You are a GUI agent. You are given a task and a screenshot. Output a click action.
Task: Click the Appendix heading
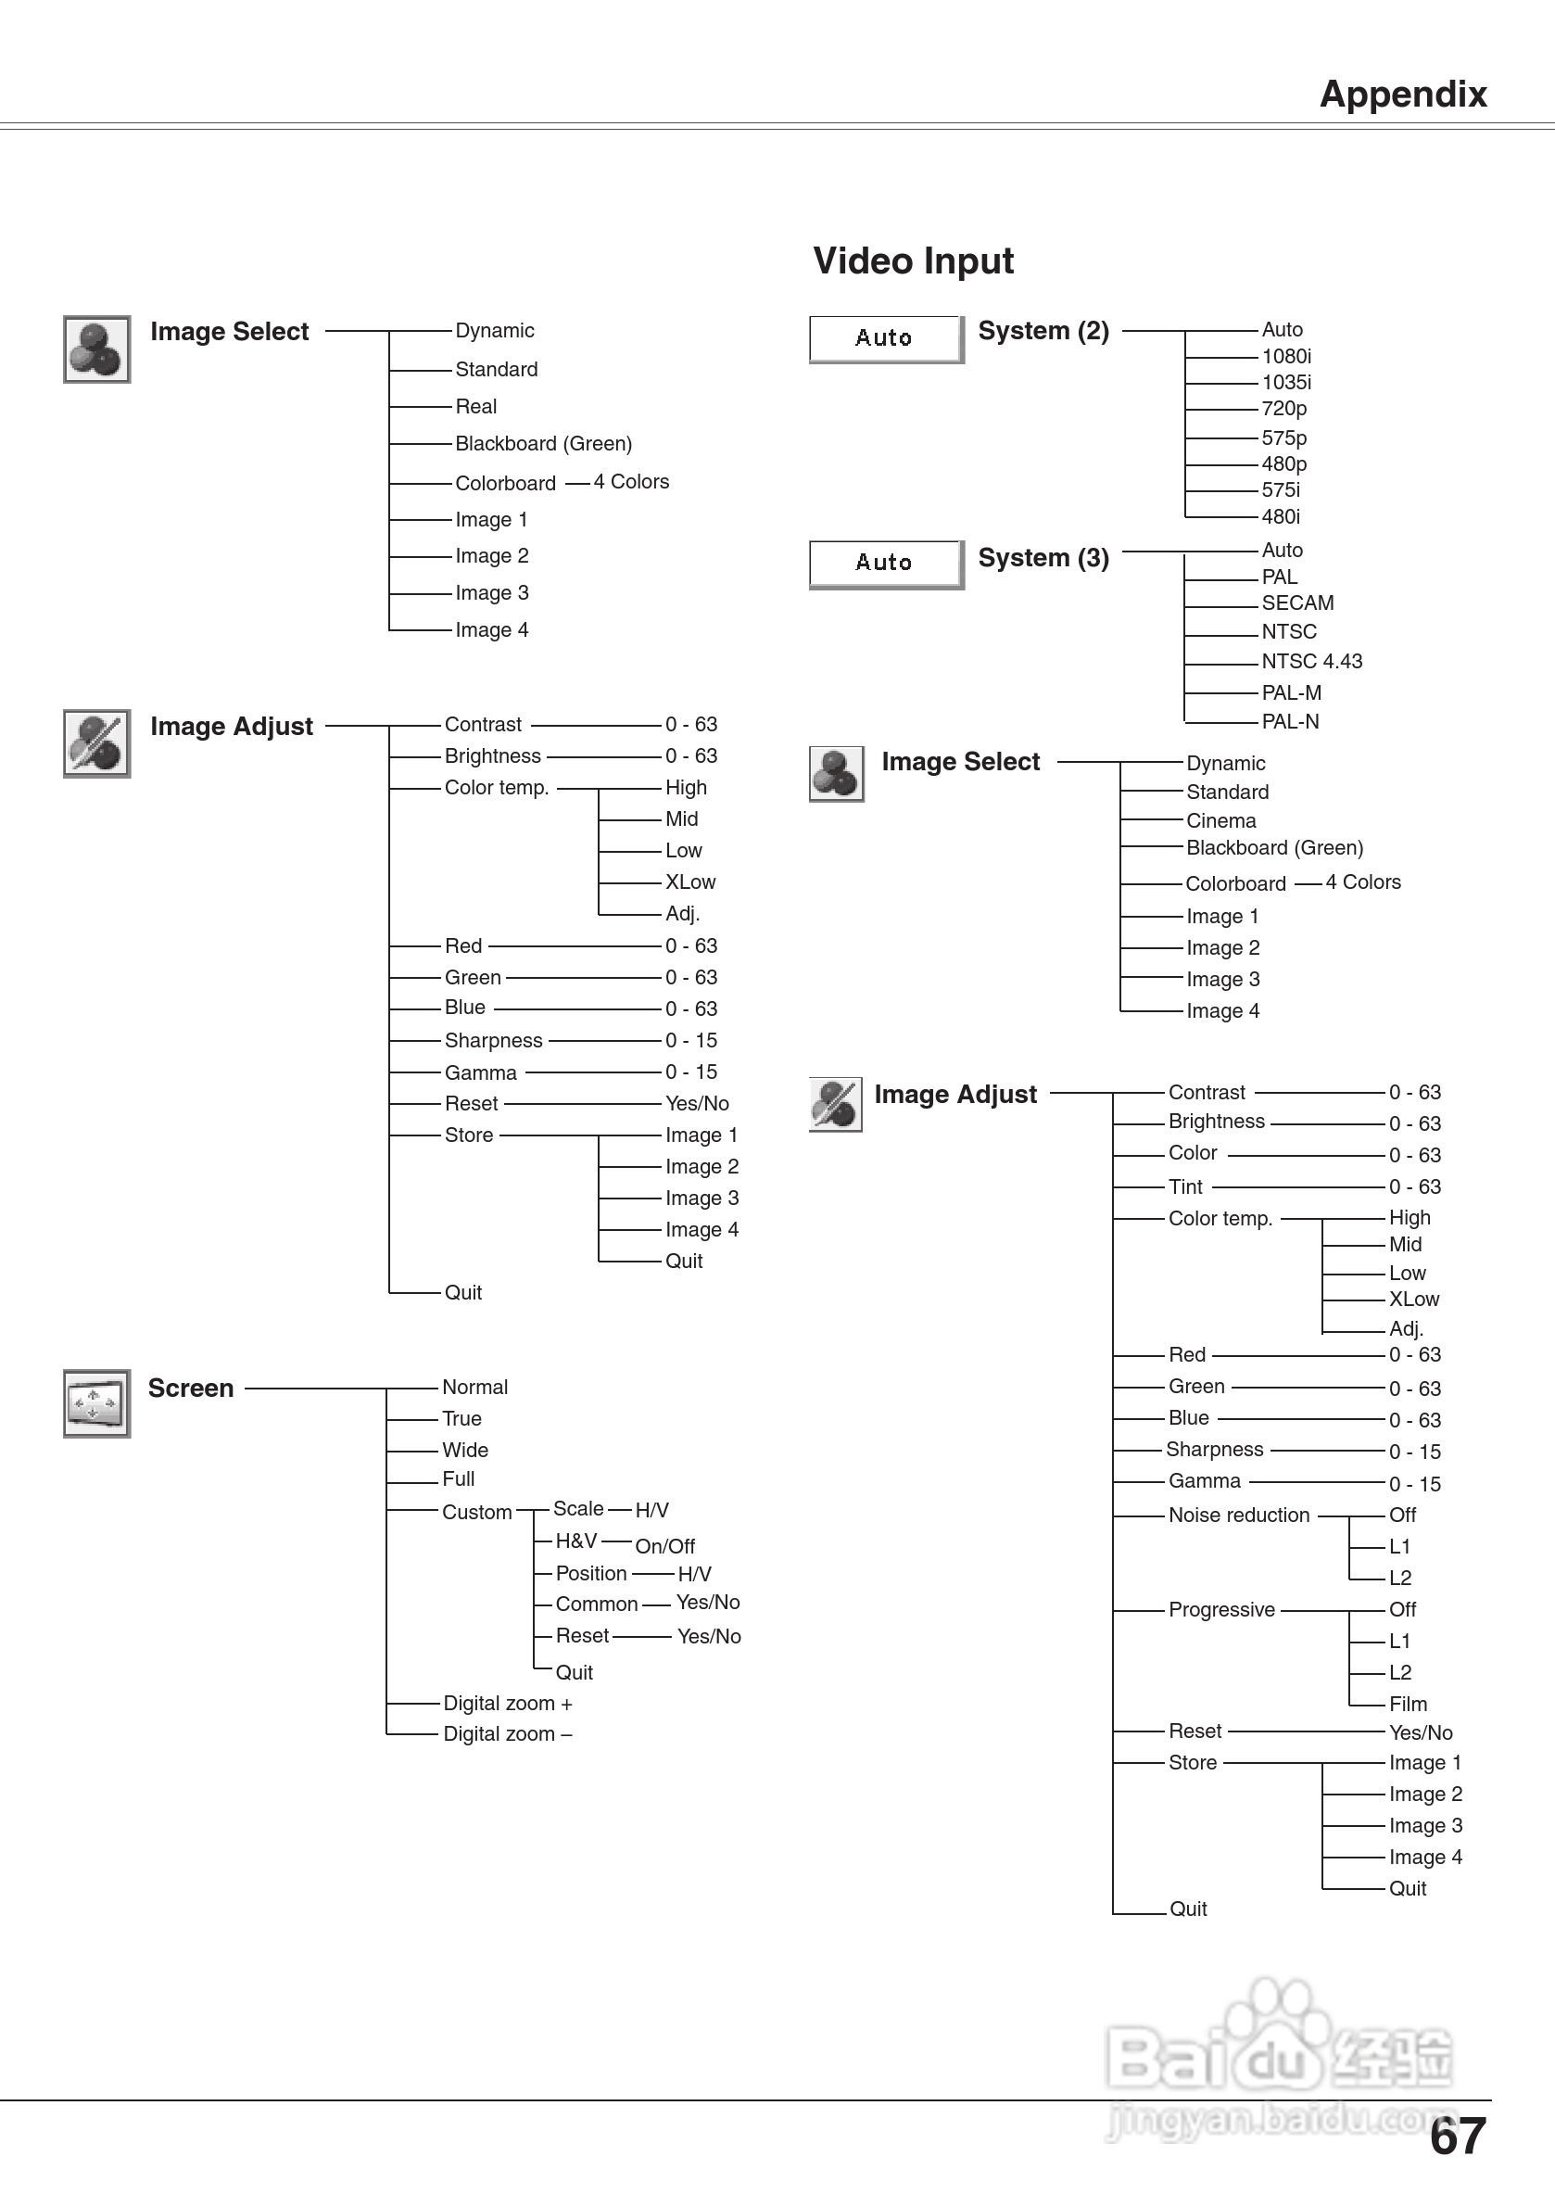click(x=1402, y=95)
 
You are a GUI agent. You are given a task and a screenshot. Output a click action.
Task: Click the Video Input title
click(x=913, y=260)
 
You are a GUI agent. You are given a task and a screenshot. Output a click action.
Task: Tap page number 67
click(x=1457, y=2137)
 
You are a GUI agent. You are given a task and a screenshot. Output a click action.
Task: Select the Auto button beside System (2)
click(x=885, y=338)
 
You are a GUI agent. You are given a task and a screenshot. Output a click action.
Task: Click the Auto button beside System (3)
click(x=885, y=564)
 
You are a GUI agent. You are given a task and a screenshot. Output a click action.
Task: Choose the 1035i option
click(x=1286, y=383)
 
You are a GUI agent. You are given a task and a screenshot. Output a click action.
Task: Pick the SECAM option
click(x=1297, y=603)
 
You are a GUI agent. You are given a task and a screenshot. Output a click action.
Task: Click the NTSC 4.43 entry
click(x=1311, y=661)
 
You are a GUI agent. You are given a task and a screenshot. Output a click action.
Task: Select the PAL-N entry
click(x=1290, y=722)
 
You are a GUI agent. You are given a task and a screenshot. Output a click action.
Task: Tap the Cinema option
click(x=1220, y=821)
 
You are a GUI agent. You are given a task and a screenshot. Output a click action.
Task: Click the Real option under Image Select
click(x=475, y=407)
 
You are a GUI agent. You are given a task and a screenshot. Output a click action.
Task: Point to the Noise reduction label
click(x=1239, y=1516)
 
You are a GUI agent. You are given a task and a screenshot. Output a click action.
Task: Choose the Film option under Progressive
click(x=1408, y=1705)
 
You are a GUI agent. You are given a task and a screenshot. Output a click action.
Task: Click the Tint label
click(x=1185, y=1187)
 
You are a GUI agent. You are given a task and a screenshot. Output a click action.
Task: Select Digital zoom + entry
click(x=508, y=1704)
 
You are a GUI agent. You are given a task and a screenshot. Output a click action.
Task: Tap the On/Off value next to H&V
click(x=665, y=1547)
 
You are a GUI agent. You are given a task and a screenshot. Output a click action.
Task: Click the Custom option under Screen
click(x=476, y=1512)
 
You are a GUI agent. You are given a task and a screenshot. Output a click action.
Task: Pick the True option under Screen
click(x=461, y=1419)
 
